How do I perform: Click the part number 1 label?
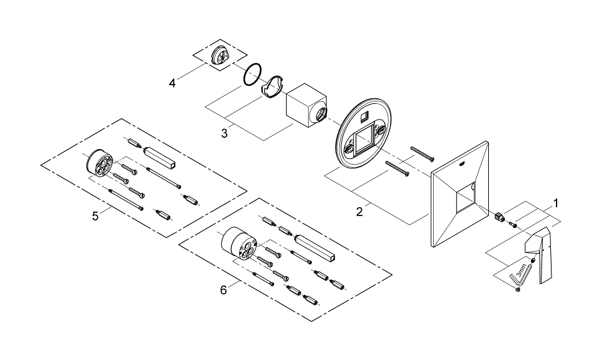[x=555, y=203]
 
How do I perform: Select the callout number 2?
[x=359, y=212]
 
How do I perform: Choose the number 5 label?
[x=95, y=216]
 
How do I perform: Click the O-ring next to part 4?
[x=252, y=75]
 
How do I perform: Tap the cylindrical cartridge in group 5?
[x=98, y=165]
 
